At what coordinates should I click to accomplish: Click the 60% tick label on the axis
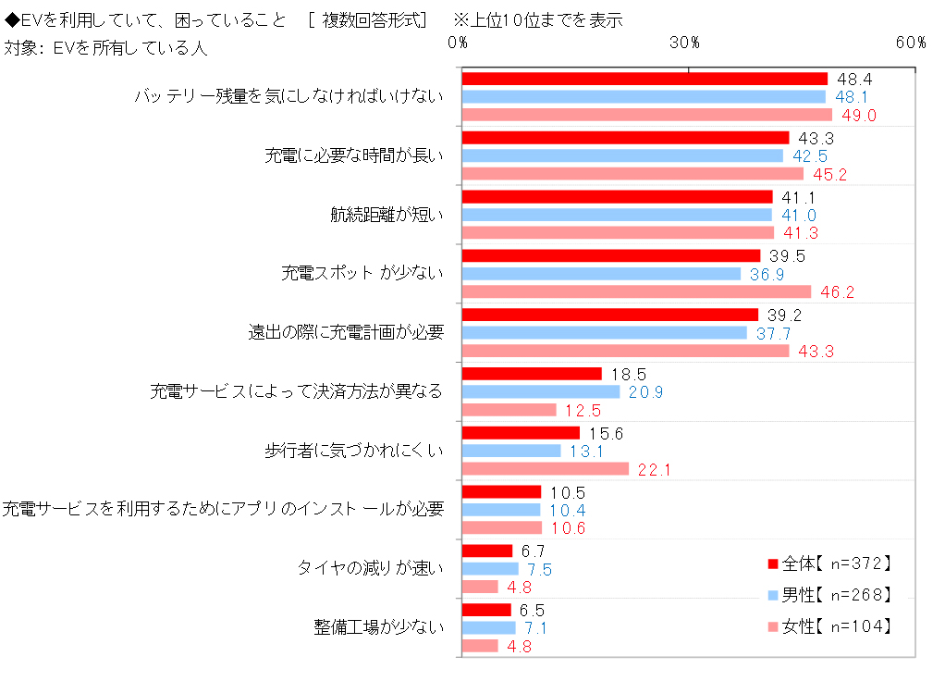[x=910, y=43]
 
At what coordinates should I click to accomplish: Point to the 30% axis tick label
[x=684, y=43]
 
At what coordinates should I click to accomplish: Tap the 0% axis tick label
[x=458, y=43]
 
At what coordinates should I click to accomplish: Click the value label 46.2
[x=837, y=292]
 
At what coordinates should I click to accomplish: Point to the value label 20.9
[x=645, y=392]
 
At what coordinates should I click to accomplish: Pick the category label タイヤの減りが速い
[x=371, y=568]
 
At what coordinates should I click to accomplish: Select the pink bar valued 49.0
[x=646, y=115]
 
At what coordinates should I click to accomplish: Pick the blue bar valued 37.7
[x=604, y=332]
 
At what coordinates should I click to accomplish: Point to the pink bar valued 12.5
[x=509, y=410]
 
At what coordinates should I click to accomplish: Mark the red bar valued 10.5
[x=501, y=491]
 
